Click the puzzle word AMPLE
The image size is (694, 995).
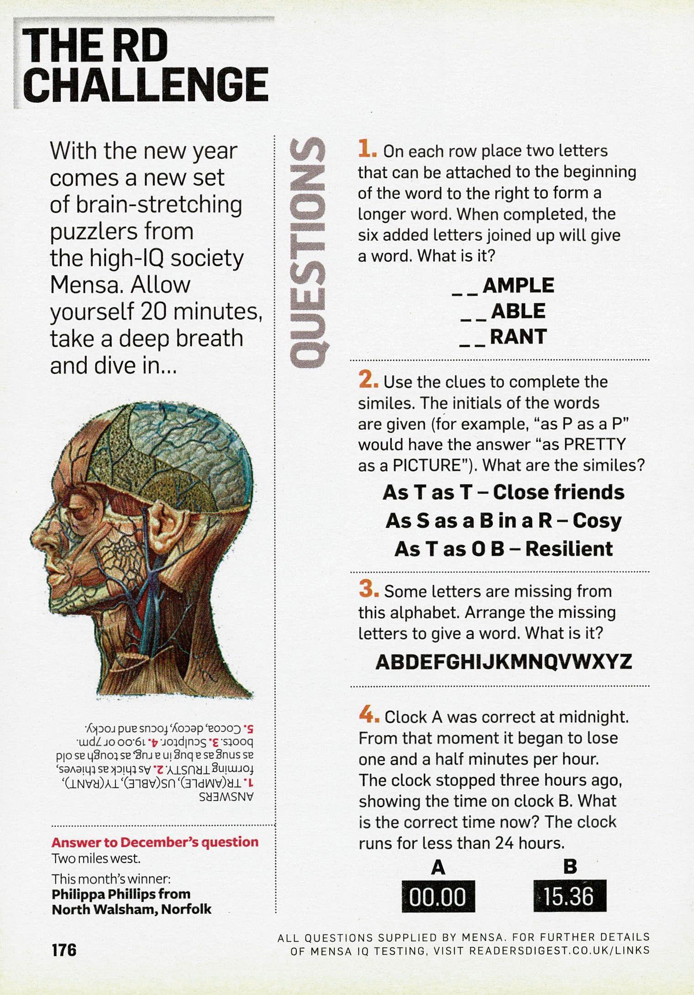pos(518,286)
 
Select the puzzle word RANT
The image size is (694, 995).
pos(518,337)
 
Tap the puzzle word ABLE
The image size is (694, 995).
pos(518,311)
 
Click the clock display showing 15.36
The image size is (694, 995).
pos(569,896)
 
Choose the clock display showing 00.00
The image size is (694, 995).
pos(438,896)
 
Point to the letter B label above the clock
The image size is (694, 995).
pos(570,867)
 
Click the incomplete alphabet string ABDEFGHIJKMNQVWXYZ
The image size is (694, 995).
pos(504,662)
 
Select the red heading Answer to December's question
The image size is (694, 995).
pos(155,842)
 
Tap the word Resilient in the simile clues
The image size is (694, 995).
pos(569,549)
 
